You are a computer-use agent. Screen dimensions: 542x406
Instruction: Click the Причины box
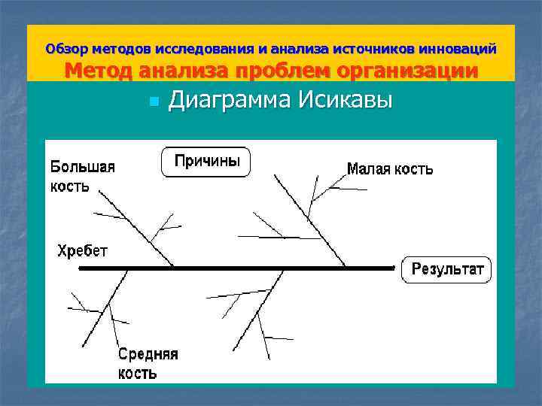[x=206, y=162]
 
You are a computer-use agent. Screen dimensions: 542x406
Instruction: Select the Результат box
[x=446, y=269]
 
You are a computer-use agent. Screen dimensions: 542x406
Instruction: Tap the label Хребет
[x=83, y=250]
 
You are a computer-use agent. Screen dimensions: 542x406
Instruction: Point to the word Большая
[x=83, y=167]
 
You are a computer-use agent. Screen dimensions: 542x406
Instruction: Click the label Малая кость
[x=389, y=169]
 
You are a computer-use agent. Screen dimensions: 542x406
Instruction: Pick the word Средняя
[x=148, y=354]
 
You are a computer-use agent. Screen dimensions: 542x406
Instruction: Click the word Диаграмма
[x=230, y=100]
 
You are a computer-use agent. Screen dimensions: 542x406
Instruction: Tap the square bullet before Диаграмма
[x=153, y=101]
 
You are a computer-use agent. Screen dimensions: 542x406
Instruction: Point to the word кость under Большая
[x=69, y=186]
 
